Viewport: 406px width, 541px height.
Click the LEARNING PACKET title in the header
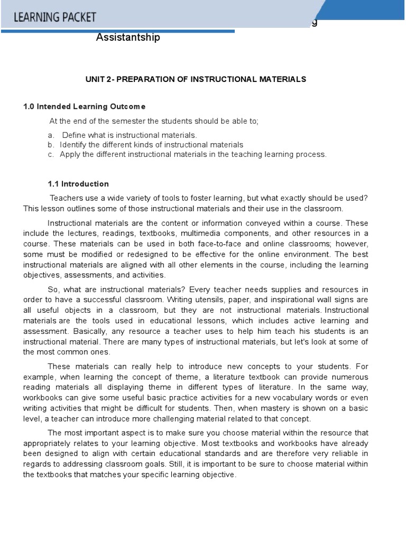[x=55, y=17]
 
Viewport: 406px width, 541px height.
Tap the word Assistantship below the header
[x=128, y=38]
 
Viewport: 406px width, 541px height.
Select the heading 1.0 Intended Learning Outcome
[x=84, y=107]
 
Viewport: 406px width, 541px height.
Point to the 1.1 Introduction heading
[x=78, y=184]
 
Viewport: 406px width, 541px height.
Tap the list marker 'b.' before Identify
[x=51, y=145]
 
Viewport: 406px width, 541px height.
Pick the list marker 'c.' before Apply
[x=51, y=154]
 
